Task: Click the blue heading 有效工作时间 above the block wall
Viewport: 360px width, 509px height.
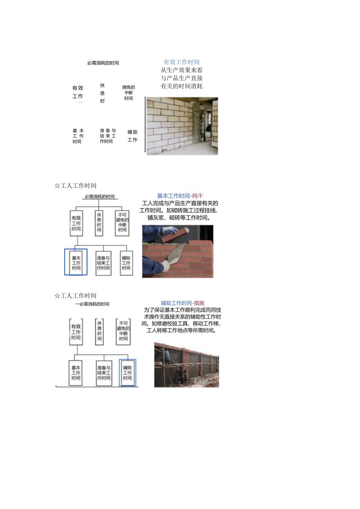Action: click(182, 62)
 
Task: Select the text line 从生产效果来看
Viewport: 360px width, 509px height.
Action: click(182, 70)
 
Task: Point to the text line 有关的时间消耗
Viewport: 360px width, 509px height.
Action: click(182, 86)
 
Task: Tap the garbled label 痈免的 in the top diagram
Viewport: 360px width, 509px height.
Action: click(128, 88)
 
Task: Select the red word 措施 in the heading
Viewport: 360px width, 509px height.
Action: click(199, 303)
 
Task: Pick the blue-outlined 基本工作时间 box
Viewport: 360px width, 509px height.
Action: click(76, 263)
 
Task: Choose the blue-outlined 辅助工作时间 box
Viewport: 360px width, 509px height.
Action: click(128, 372)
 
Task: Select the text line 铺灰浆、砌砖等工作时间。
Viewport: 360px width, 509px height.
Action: click(179, 218)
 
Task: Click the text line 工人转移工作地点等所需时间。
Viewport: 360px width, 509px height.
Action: click(182, 330)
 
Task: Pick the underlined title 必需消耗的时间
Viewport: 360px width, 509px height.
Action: click(100, 196)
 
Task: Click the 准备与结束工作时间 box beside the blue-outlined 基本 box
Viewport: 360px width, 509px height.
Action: click(103, 263)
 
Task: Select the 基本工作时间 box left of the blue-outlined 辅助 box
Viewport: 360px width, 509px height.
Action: click(76, 373)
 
